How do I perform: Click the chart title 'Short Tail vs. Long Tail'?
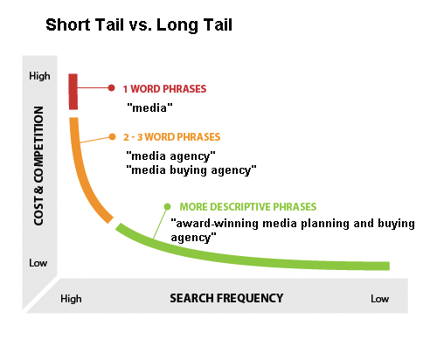[139, 25]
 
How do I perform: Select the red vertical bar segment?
[73, 92]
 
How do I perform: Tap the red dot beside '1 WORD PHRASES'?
[111, 87]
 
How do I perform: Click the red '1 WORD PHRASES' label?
[164, 89]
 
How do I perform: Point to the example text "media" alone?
[149, 107]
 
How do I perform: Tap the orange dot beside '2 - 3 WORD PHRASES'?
[112, 137]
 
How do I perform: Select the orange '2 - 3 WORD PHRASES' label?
[172, 137]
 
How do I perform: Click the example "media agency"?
[171, 156]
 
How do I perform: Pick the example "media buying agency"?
[191, 170]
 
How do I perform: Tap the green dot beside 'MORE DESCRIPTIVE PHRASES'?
[167, 206]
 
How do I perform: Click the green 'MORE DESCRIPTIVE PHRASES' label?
[248, 207]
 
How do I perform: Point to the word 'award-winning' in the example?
[218, 224]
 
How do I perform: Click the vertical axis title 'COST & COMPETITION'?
[38, 166]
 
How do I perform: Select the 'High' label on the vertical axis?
[39, 76]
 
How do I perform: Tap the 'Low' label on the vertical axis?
[38, 263]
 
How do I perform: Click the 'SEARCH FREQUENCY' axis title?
[226, 298]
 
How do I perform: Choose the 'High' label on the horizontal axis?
[71, 299]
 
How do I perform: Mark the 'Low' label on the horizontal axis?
[380, 299]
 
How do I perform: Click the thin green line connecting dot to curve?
[160, 224]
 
